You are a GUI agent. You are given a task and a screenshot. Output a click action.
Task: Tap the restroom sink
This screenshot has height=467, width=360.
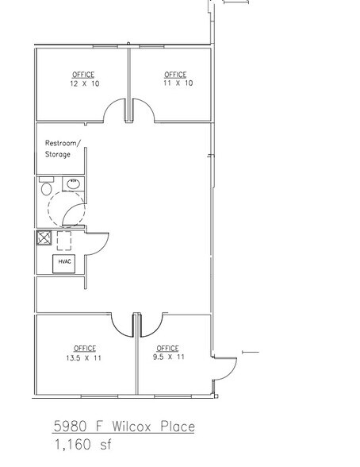tap(73, 186)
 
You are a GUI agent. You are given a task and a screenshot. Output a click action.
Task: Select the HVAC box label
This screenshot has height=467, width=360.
tap(64, 261)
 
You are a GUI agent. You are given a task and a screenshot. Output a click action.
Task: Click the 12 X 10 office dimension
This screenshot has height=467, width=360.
tap(82, 83)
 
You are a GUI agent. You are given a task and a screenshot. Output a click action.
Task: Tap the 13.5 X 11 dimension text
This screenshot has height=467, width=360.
tap(84, 357)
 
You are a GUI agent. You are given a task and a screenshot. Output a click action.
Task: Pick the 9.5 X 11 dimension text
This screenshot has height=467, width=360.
tap(168, 357)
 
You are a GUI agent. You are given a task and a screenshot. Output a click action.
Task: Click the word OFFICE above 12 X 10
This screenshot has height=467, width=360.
tap(83, 75)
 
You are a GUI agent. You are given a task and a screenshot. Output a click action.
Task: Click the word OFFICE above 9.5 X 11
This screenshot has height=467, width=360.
tap(167, 348)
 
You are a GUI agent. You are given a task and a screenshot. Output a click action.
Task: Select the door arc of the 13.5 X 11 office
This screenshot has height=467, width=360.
tap(121, 324)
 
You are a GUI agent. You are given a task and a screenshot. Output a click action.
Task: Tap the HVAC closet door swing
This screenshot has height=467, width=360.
tap(94, 244)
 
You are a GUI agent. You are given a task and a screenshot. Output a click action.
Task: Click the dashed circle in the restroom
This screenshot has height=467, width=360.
tap(64, 210)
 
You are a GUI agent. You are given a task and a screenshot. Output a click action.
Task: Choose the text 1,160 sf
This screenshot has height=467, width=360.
tap(82, 446)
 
